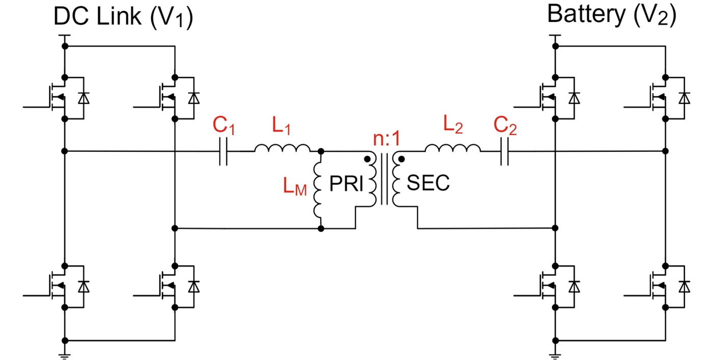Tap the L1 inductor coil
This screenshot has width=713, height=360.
pyautogui.click(x=282, y=149)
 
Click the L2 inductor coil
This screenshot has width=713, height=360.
pyautogui.click(x=452, y=149)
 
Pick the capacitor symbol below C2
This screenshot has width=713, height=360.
pyautogui.click(x=504, y=151)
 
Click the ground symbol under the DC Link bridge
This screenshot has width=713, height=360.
pyautogui.click(x=65, y=355)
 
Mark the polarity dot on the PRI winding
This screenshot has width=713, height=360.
pyautogui.click(x=367, y=159)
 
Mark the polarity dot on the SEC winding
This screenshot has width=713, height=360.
pyautogui.click(x=401, y=159)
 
